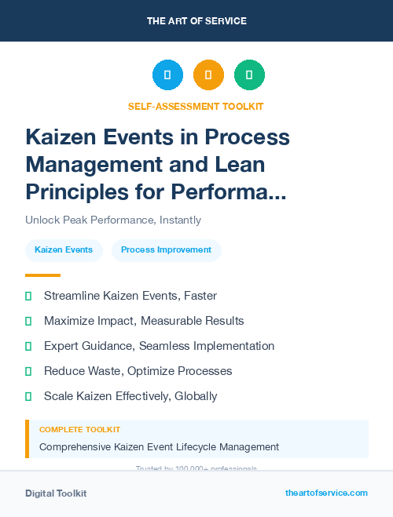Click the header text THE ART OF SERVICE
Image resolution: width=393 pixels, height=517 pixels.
click(196, 21)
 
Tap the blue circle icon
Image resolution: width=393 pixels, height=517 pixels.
click(167, 75)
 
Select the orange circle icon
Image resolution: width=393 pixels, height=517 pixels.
click(208, 75)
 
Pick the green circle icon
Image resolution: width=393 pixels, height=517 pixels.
click(249, 75)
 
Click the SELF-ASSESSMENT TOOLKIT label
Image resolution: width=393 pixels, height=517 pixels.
click(196, 106)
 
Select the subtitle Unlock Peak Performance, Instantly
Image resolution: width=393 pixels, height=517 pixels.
click(113, 220)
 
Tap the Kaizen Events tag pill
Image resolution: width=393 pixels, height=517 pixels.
click(64, 250)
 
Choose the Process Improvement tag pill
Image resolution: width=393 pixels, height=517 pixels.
click(166, 250)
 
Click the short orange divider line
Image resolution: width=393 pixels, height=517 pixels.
click(42, 275)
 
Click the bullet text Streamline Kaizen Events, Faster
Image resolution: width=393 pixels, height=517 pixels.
click(130, 296)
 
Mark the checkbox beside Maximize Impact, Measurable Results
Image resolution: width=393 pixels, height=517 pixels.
click(28, 321)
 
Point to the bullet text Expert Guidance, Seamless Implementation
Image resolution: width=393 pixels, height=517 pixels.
click(159, 346)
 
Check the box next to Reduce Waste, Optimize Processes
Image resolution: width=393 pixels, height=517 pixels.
click(28, 371)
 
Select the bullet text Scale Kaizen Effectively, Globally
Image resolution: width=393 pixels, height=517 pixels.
click(130, 396)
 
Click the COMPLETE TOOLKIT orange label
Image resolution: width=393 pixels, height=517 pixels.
click(80, 430)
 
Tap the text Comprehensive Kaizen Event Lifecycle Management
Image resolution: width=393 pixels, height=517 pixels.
click(159, 447)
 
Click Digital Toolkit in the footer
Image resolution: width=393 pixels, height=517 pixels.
click(56, 493)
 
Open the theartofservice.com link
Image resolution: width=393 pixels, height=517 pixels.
click(326, 493)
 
